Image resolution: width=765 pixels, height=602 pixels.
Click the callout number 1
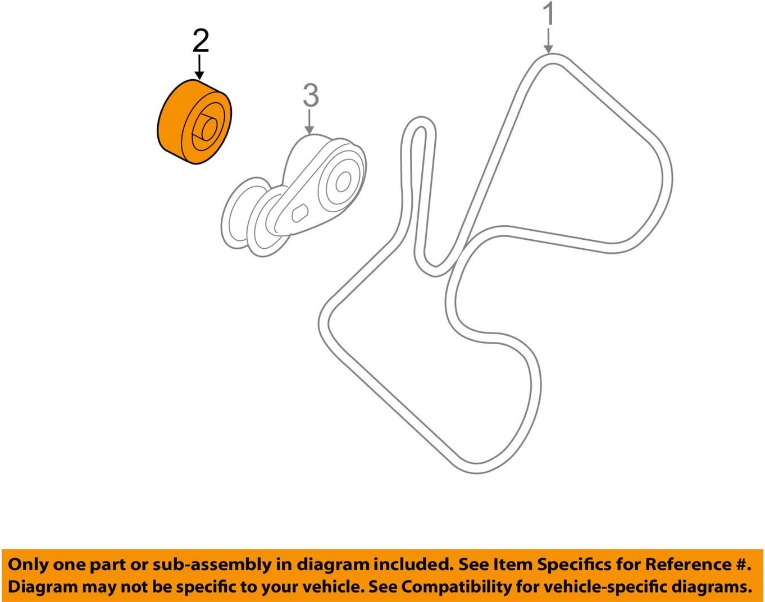pyautogui.click(x=548, y=15)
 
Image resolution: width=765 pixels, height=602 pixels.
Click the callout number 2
pyautogui.click(x=201, y=41)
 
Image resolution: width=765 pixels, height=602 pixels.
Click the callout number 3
pyautogui.click(x=311, y=95)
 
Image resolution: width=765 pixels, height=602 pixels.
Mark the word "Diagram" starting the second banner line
pyautogui.click(x=43, y=587)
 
